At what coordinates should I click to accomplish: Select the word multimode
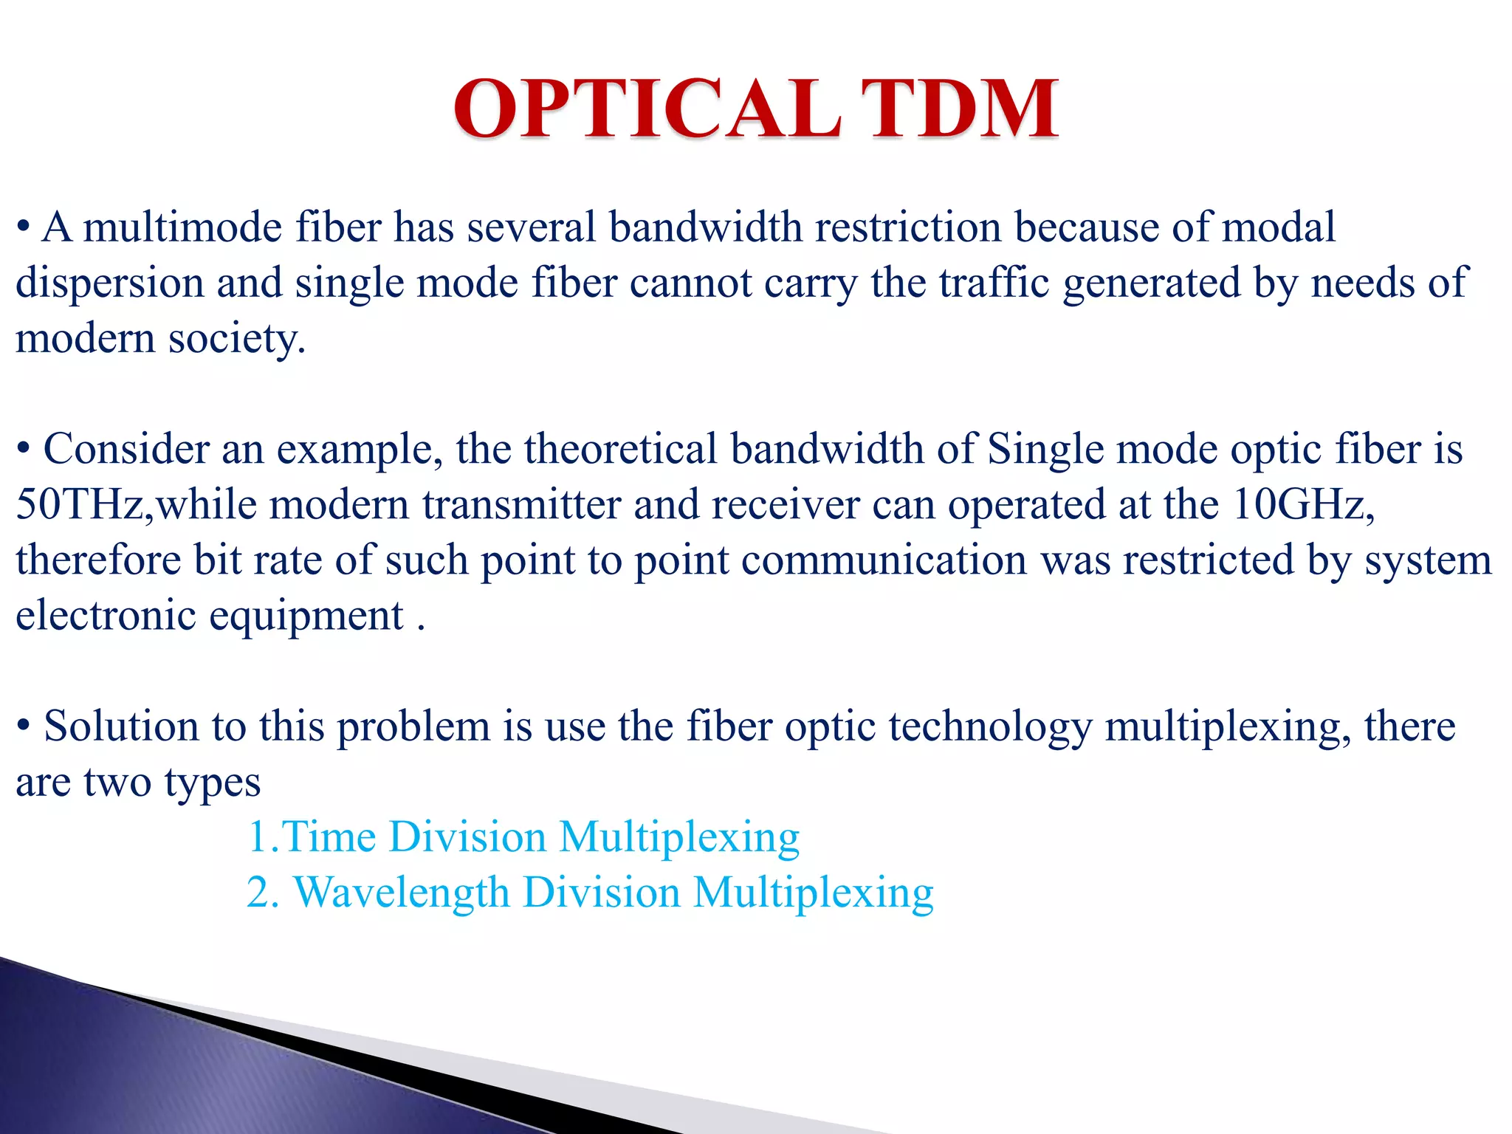tap(182, 227)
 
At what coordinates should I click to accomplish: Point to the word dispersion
tap(109, 283)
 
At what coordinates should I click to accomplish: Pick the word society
tap(236, 340)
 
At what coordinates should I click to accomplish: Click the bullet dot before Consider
tap(24, 449)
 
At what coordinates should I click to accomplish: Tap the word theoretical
tap(620, 449)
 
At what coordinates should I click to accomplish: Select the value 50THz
tap(84, 505)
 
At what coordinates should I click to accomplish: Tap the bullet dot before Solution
tap(24, 726)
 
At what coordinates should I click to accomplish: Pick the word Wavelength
tap(402, 893)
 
